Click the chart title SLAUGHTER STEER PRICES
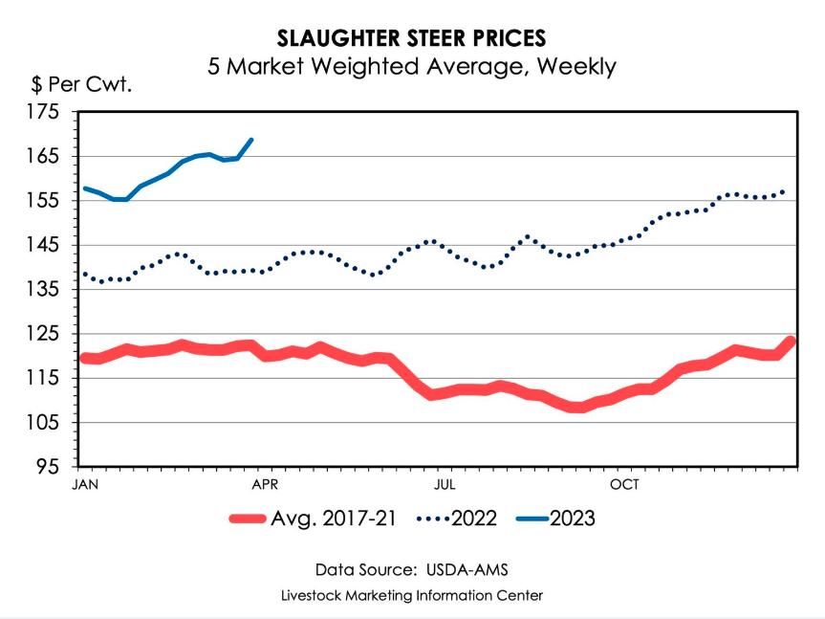412,38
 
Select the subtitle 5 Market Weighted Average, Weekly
412,67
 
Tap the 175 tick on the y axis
44,112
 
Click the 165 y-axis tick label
44,156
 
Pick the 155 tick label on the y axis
44,201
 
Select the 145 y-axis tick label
44,245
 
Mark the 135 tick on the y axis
44,289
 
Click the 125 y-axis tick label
44,334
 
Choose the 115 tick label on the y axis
44,378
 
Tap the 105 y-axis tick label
44,423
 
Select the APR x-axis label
264,484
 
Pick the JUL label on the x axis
443,484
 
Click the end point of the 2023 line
251,140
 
